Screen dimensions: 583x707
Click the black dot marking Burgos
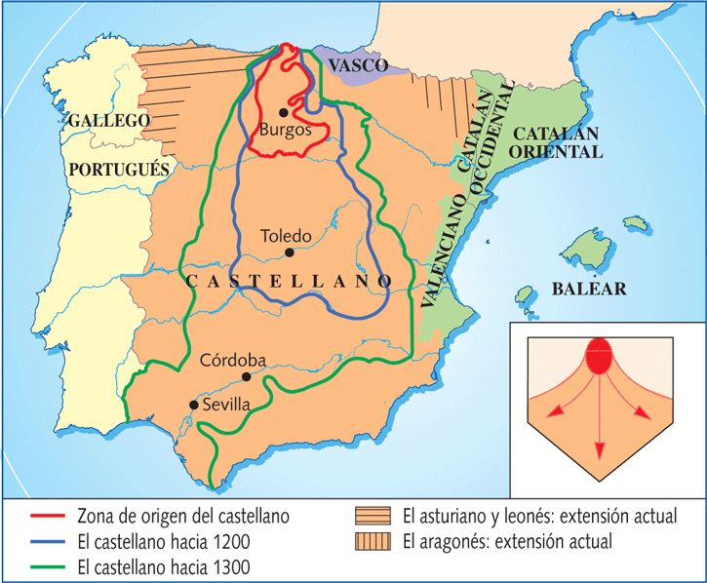coord(283,112)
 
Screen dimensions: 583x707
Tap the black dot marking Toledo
coord(289,253)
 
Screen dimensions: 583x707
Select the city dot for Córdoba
coord(246,376)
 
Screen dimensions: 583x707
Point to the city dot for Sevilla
coord(194,405)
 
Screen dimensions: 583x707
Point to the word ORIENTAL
coord(560,152)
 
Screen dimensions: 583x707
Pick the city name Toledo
coord(286,236)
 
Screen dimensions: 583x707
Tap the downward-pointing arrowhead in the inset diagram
coord(598,449)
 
